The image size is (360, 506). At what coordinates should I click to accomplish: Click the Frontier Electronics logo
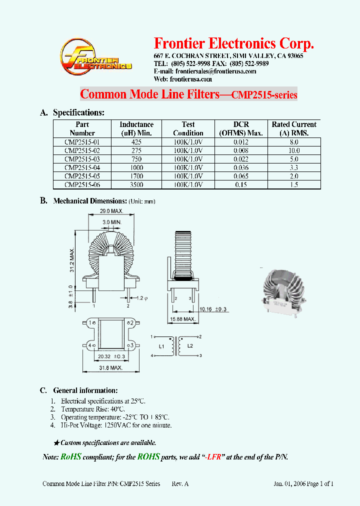(95, 59)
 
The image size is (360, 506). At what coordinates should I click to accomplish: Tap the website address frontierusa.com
(191, 79)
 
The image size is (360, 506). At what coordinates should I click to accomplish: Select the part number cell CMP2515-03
(82, 159)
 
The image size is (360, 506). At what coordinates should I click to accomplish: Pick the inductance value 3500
(136, 184)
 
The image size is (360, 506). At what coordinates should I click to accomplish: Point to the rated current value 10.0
(293, 150)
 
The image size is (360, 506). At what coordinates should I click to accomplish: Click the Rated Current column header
(293, 128)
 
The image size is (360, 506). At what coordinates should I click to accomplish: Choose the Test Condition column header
(188, 128)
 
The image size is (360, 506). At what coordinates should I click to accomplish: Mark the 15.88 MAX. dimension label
(182, 319)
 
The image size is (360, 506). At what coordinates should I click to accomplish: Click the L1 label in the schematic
(161, 346)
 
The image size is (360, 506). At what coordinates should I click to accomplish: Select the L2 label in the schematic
(189, 346)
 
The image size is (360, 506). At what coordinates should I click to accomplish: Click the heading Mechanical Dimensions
(90, 201)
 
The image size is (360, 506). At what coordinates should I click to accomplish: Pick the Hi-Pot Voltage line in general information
(116, 425)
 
